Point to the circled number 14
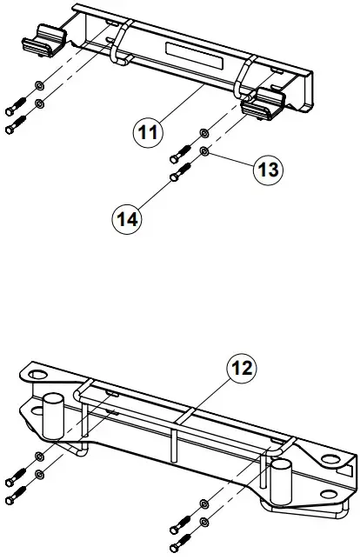pos(127,219)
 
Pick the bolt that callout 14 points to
pos(177,174)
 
